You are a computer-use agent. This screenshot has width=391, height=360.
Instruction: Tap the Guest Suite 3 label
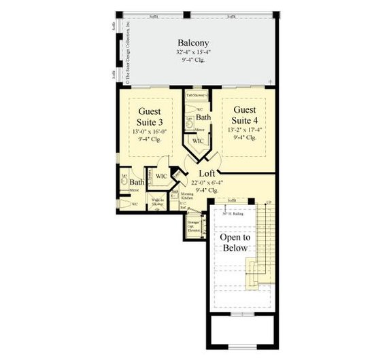pyautogui.click(x=149, y=115)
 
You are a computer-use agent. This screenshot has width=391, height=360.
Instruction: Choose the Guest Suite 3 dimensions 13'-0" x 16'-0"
pyautogui.click(x=149, y=131)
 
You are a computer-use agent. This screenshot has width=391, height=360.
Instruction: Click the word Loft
pyautogui.click(x=207, y=173)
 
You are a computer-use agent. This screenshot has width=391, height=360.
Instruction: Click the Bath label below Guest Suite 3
pyautogui.click(x=137, y=182)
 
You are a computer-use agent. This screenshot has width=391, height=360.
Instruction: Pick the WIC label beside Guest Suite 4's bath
pyautogui.click(x=198, y=141)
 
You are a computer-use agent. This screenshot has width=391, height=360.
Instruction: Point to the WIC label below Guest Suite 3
pyautogui.click(x=161, y=177)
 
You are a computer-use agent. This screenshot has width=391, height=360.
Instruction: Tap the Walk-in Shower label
pyautogui.click(x=157, y=202)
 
